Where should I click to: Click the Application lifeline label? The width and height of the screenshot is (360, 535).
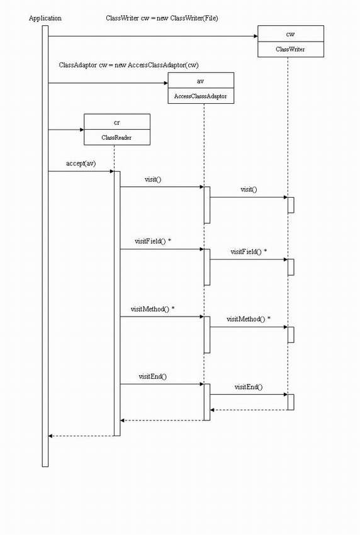[x=45, y=18]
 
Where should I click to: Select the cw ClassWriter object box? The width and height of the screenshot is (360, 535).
[x=291, y=42]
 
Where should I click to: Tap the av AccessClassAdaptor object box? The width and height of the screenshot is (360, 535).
[x=201, y=88]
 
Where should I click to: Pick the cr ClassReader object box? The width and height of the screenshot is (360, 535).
[x=117, y=129]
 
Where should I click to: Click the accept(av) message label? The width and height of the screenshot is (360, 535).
[x=81, y=164]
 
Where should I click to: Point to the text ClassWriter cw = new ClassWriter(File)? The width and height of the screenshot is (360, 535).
[x=162, y=18]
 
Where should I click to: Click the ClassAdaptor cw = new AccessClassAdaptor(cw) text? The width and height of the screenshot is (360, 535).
[x=128, y=65]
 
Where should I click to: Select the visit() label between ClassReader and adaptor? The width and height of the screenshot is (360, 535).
[x=153, y=179]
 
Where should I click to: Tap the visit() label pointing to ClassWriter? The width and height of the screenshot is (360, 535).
[x=249, y=189]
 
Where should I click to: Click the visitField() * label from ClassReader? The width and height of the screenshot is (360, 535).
[x=153, y=241]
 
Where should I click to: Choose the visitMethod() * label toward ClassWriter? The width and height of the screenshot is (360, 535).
[x=249, y=319]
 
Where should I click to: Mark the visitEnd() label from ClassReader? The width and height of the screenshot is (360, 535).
[x=153, y=376]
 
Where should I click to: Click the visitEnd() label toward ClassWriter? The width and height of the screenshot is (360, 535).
[x=249, y=386]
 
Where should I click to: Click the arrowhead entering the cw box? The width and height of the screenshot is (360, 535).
[x=256, y=36]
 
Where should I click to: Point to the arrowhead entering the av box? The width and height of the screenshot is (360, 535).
[x=166, y=83]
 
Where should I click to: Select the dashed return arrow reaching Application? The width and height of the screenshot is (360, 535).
[x=81, y=436]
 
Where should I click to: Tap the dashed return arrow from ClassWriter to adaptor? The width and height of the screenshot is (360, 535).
[x=249, y=410]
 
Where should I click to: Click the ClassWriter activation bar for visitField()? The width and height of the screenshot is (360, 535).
[x=291, y=267]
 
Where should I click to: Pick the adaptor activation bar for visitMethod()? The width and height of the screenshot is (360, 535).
[x=207, y=335]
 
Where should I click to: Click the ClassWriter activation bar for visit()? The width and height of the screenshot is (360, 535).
[x=291, y=205]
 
